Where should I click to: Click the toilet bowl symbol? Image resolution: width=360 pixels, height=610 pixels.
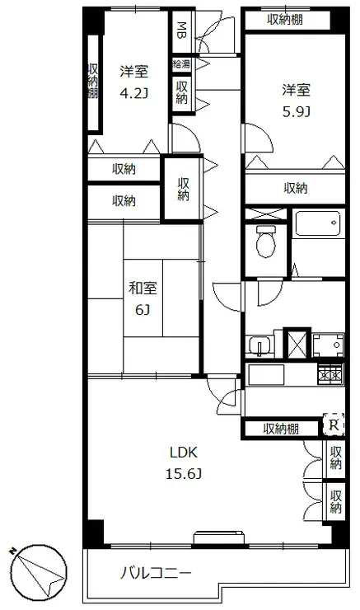pos(266,242)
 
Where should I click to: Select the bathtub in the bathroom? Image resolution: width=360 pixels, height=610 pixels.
pos(317,223)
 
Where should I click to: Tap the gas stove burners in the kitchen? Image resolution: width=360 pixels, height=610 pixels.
pos(331,374)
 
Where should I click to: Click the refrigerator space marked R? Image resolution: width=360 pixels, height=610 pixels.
pos(334,425)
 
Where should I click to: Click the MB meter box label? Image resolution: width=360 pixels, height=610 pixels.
pos(181,30)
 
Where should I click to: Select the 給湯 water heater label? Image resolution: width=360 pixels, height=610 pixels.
pos(181,63)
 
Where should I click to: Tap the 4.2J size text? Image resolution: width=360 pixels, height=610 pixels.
pos(134,93)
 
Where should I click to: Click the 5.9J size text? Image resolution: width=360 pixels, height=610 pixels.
pos(296,112)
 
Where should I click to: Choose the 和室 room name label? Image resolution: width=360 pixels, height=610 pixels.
pos(143,289)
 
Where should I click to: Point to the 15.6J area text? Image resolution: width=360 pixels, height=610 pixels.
pos(184,474)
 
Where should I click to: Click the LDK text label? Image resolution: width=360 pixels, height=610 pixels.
pos(184,453)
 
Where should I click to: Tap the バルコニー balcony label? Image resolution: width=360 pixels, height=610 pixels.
pos(156,573)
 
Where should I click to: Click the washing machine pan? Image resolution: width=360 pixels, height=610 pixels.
pos(328,345)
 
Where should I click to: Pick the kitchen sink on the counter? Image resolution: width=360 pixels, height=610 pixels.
pos(266,374)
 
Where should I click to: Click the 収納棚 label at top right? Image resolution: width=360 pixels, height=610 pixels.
pos(285,20)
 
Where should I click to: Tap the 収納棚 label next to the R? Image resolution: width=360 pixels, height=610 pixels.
pos(281,429)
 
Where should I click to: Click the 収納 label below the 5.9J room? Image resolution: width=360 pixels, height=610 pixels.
pos(296,188)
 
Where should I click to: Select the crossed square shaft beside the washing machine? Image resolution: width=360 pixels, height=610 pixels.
pos(297,344)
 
